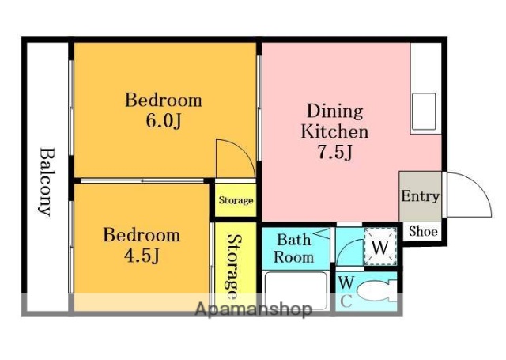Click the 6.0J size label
(164, 121)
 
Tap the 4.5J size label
(142, 256)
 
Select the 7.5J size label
(334, 152)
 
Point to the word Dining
(334, 111)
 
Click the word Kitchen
(334, 131)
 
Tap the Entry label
(420, 196)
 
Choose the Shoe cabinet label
(423, 231)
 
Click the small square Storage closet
(236, 200)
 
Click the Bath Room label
(293, 248)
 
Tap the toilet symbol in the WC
(376, 291)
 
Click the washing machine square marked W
(380, 247)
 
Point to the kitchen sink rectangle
(424, 112)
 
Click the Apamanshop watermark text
(254, 309)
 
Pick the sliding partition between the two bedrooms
(142, 180)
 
